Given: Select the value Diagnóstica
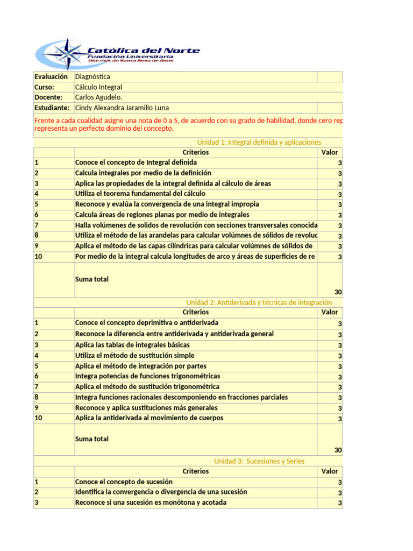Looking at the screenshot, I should [92, 77].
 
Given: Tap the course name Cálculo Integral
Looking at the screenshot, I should [98, 87].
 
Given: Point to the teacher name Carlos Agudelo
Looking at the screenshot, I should [98, 97].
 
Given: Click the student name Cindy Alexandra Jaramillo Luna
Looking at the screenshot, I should [122, 108].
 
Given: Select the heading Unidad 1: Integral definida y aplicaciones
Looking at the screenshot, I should [259, 142].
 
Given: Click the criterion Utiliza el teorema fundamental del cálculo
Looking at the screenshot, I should [140, 194].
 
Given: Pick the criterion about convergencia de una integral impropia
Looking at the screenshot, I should [167, 204].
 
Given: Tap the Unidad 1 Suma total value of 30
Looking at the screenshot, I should [338, 292].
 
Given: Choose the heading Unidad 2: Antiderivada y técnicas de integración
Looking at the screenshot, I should [259, 302].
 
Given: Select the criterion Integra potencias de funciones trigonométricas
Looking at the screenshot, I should [147, 376].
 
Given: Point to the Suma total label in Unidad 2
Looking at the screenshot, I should [91, 439].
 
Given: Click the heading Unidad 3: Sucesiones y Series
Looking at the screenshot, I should [259, 461].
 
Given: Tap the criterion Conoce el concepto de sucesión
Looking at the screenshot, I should [124, 482].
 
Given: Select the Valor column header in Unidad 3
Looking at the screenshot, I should [329, 471].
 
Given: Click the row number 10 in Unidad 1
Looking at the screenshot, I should [39, 257].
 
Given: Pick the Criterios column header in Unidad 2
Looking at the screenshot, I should [196, 312].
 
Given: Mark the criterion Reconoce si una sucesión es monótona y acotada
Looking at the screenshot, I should [151, 503].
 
